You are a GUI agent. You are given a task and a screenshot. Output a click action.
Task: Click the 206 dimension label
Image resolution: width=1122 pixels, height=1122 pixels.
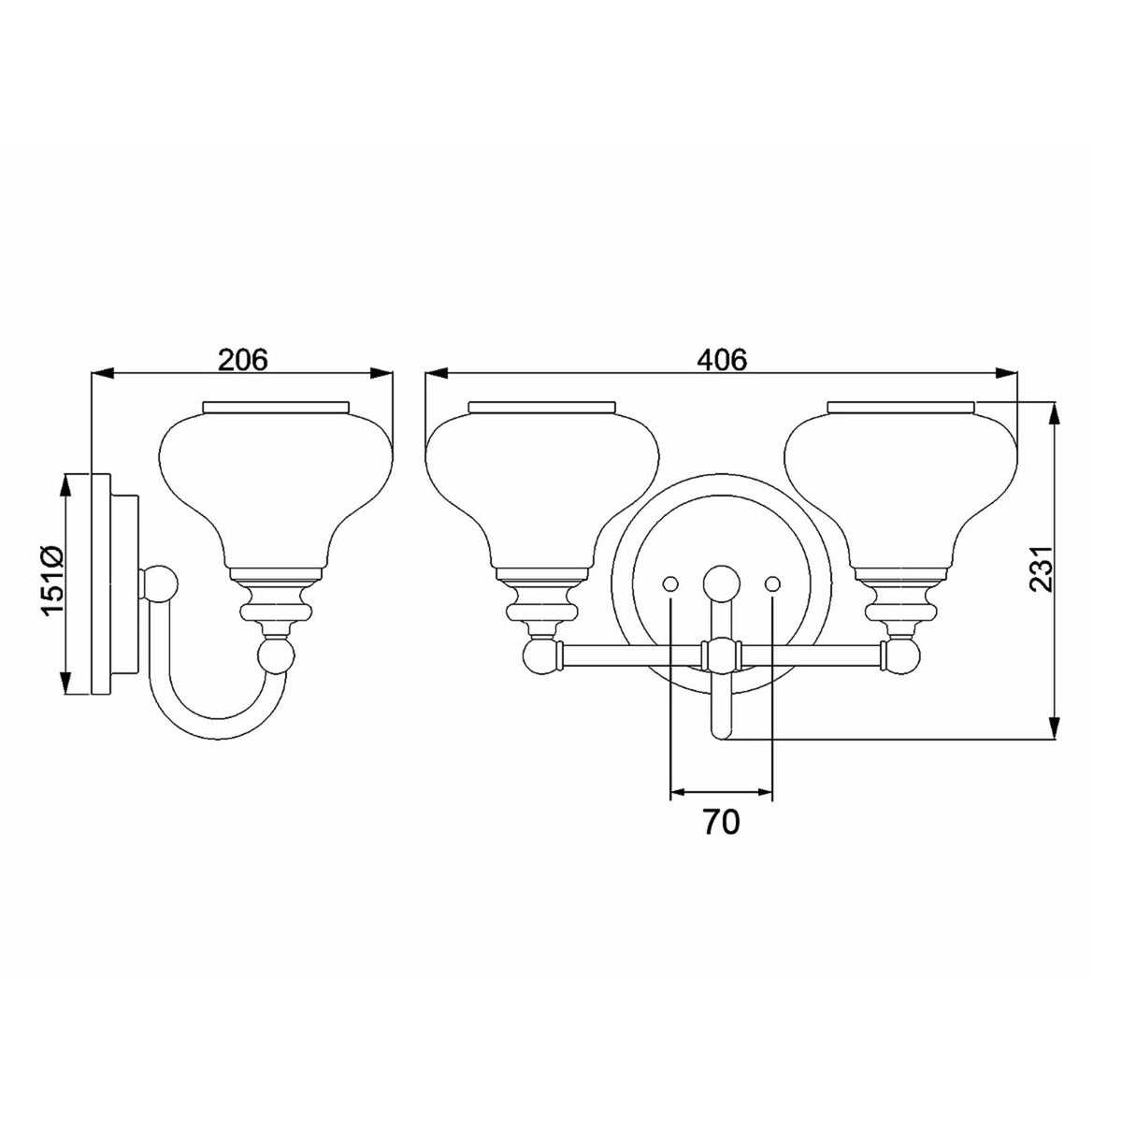(x=243, y=360)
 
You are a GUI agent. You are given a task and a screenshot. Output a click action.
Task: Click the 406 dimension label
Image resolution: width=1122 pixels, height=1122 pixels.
(x=722, y=360)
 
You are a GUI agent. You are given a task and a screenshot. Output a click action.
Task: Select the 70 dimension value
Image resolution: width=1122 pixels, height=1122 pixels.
(x=722, y=822)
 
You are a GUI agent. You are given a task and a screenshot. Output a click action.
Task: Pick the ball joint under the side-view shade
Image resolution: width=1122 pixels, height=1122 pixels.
(x=277, y=655)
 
